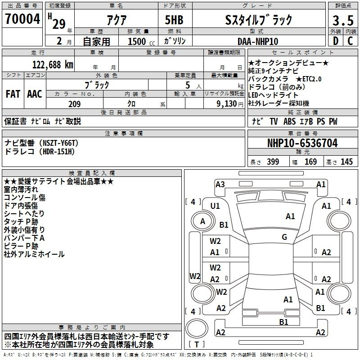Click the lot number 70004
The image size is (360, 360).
[22, 19]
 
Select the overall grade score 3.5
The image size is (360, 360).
[343, 21]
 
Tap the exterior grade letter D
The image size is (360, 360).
[336, 41]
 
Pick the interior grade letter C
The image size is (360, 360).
[351, 41]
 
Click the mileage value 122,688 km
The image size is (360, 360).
[53, 65]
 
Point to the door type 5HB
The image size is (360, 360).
[174, 20]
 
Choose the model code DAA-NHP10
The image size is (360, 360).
[258, 41]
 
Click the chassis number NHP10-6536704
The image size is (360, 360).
[302, 143]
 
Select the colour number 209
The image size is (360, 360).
[75, 104]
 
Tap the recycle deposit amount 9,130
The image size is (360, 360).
[227, 104]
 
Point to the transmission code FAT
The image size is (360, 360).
[13, 94]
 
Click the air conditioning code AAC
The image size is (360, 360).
[35, 94]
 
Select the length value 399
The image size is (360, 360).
[273, 162]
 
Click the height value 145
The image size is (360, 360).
[346, 162]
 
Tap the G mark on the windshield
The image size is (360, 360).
[284, 237]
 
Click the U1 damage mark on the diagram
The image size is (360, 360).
[215, 206]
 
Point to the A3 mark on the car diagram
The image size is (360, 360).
[220, 184]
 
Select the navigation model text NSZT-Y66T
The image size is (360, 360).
[59, 143]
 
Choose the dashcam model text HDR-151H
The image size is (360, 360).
[57, 152]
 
